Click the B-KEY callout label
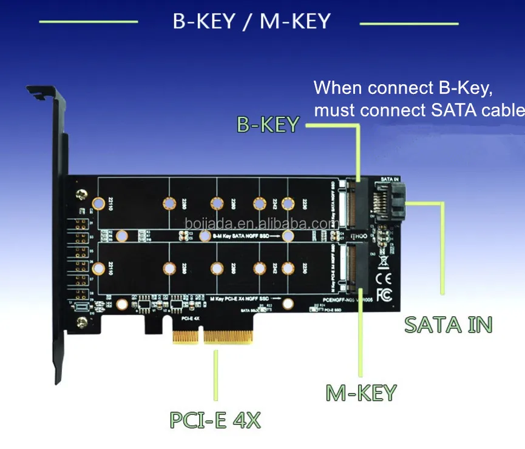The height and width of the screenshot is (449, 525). pos(268,124)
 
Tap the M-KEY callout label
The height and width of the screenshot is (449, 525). pos(361,392)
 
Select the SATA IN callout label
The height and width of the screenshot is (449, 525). pos(448,324)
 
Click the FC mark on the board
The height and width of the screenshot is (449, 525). pos(384,295)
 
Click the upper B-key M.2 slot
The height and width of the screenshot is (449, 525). pos(353,202)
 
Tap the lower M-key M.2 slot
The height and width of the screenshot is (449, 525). pos(353,264)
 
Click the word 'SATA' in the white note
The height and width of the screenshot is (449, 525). pos(456,110)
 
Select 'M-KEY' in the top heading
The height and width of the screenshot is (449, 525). pos(294,22)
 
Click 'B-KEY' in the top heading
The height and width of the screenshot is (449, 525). pos(204,22)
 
